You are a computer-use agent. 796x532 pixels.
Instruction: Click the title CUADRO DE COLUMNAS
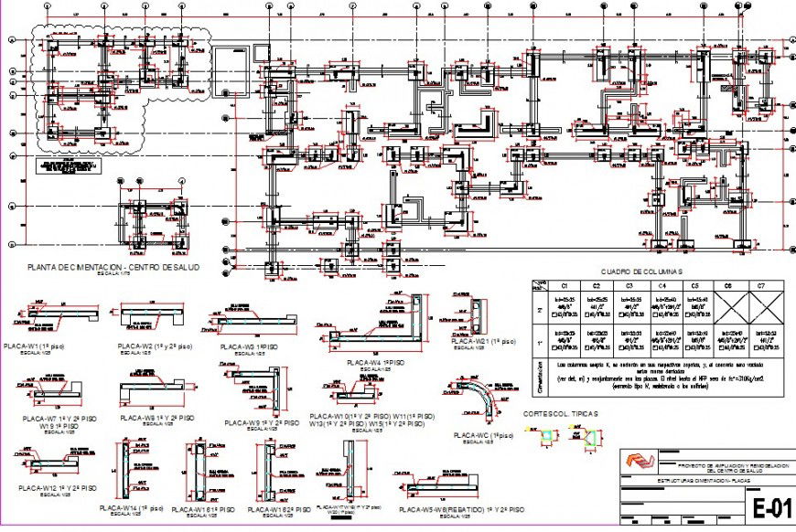tap(640, 271)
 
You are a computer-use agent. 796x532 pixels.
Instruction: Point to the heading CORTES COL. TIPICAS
tap(563, 414)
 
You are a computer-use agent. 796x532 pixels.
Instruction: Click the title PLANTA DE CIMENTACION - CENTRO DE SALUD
tap(113, 267)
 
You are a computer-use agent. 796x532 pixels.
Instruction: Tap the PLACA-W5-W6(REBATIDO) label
tap(462, 508)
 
